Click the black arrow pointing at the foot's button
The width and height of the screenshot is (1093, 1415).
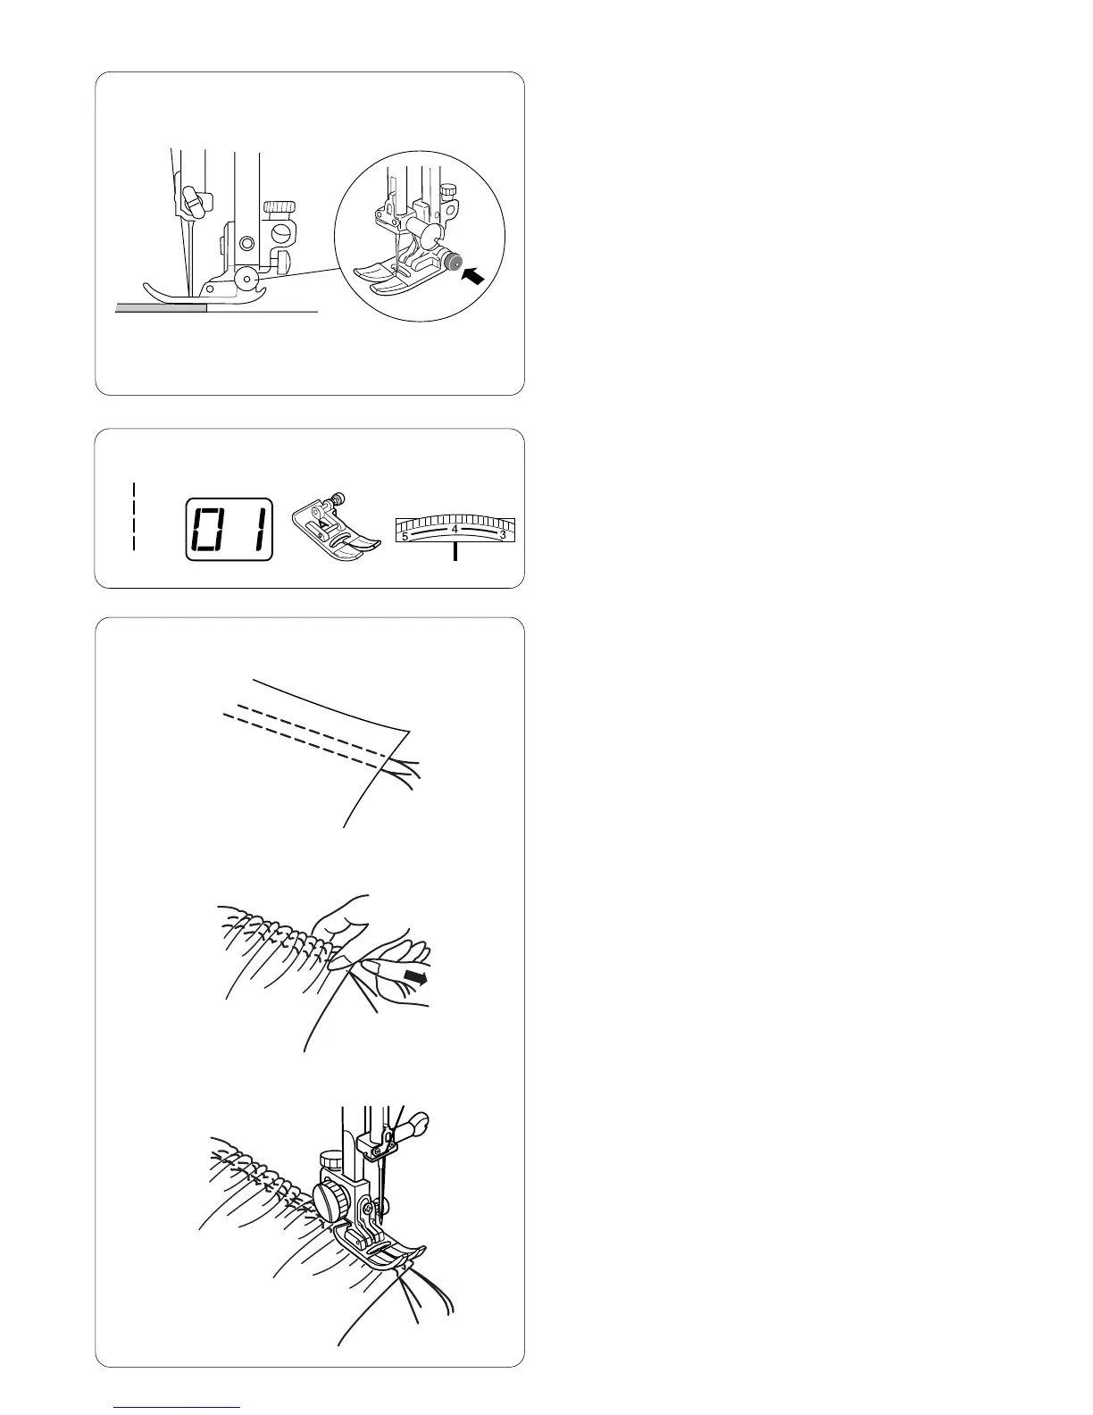472,276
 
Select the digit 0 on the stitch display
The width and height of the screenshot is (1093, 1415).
209,530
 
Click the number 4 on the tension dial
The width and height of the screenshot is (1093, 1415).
455,529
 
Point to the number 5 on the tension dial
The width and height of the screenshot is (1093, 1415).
405,537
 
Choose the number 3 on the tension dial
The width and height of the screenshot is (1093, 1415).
503,534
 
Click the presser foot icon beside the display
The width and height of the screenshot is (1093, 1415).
336,525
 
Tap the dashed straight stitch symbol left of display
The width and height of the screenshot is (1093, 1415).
133,516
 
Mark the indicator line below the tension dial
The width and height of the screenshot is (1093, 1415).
455,553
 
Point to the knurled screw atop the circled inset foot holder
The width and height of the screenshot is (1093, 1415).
448,191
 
